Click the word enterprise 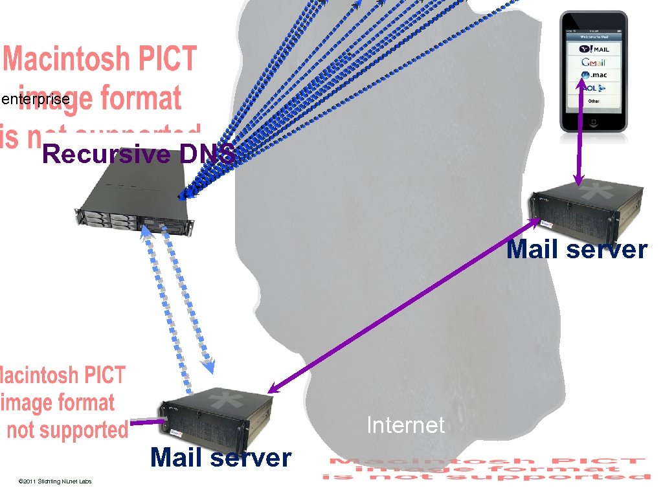(36, 100)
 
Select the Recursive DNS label (139, 155)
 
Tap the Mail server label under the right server (576, 250)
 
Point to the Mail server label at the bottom (221, 458)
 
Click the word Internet (405, 425)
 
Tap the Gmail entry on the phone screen (593, 62)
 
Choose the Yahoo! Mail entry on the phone (593, 49)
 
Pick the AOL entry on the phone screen (593, 88)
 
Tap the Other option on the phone (593, 101)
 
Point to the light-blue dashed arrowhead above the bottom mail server (208, 366)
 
